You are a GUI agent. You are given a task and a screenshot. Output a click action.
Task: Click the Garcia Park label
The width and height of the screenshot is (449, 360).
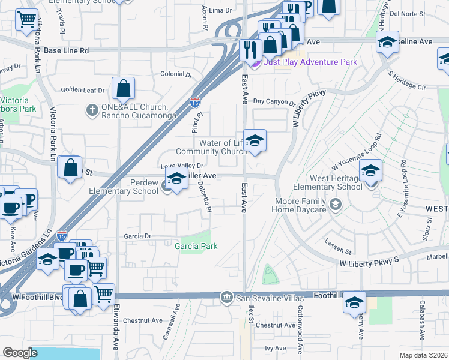pos(196,246)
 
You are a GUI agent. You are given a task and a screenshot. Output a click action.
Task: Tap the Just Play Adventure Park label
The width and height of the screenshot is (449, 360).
pos(310,62)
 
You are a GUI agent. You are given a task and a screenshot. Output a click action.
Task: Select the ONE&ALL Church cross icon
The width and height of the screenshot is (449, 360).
pos(92,109)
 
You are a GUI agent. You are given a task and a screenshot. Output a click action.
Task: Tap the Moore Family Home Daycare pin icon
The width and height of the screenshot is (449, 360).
pos(335,205)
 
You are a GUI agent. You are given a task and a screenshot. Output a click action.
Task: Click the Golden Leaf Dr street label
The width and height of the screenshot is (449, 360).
pos(83,90)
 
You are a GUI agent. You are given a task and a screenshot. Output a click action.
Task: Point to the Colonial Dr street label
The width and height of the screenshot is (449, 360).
pos(175,75)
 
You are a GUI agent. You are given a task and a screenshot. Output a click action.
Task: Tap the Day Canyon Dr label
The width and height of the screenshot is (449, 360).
pos(274,102)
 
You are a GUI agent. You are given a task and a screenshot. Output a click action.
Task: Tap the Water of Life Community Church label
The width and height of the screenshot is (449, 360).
pos(211,147)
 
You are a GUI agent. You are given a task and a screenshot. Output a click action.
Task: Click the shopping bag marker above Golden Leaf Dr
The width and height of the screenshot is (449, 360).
pos(123,89)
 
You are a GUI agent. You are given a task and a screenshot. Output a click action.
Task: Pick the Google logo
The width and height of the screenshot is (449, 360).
pos(20,353)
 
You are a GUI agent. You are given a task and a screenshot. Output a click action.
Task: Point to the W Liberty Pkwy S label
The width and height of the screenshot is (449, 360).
pos(369,263)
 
